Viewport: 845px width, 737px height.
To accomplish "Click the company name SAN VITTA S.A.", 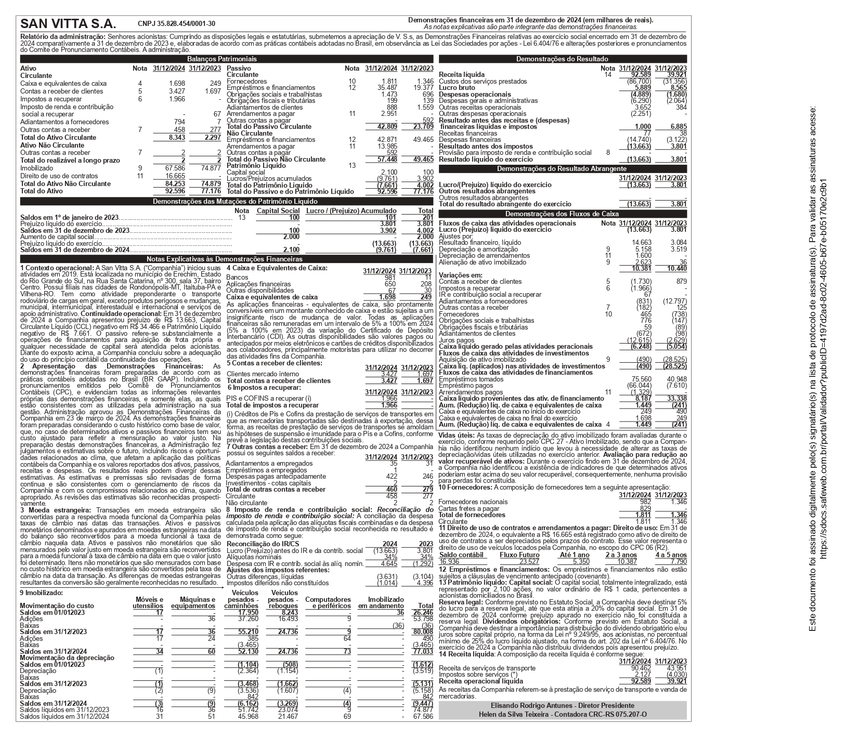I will tap(68, 24).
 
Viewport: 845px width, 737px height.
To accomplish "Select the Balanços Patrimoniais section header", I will tap(222, 59).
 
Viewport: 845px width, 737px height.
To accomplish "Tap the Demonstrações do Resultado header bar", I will tap(562, 59).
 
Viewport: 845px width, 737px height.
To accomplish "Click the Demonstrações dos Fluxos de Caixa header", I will tap(562, 214).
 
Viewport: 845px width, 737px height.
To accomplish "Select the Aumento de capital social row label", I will tap(57, 236).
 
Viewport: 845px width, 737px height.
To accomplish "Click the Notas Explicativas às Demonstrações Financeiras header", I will tap(225, 259).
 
